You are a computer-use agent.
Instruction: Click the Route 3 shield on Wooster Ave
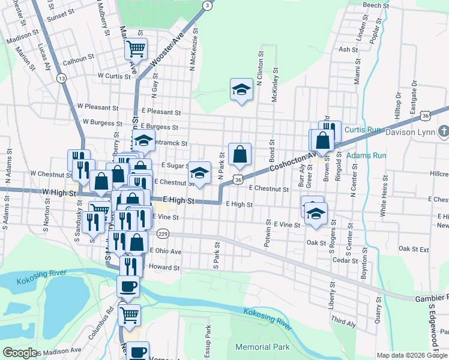coord(207,5)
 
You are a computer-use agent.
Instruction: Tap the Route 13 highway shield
coord(61,78)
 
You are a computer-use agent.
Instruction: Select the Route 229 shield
coord(162,233)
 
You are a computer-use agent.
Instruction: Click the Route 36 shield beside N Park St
coord(238,179)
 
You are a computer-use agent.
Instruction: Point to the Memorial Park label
coord(262,347)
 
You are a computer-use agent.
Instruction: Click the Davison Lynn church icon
coord(444,131)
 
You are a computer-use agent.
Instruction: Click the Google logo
coord(20,353)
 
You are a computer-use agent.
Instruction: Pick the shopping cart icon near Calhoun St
coord(136,48)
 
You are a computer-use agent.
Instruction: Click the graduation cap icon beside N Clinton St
coord(241,90)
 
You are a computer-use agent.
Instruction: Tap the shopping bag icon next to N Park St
coord(240,154)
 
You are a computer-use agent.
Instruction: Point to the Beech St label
coord(376,5)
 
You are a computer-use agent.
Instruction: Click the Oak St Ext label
coord(414,248)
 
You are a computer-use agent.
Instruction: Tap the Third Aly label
coord(343,323)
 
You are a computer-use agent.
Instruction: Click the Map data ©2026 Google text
coord(412,355)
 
